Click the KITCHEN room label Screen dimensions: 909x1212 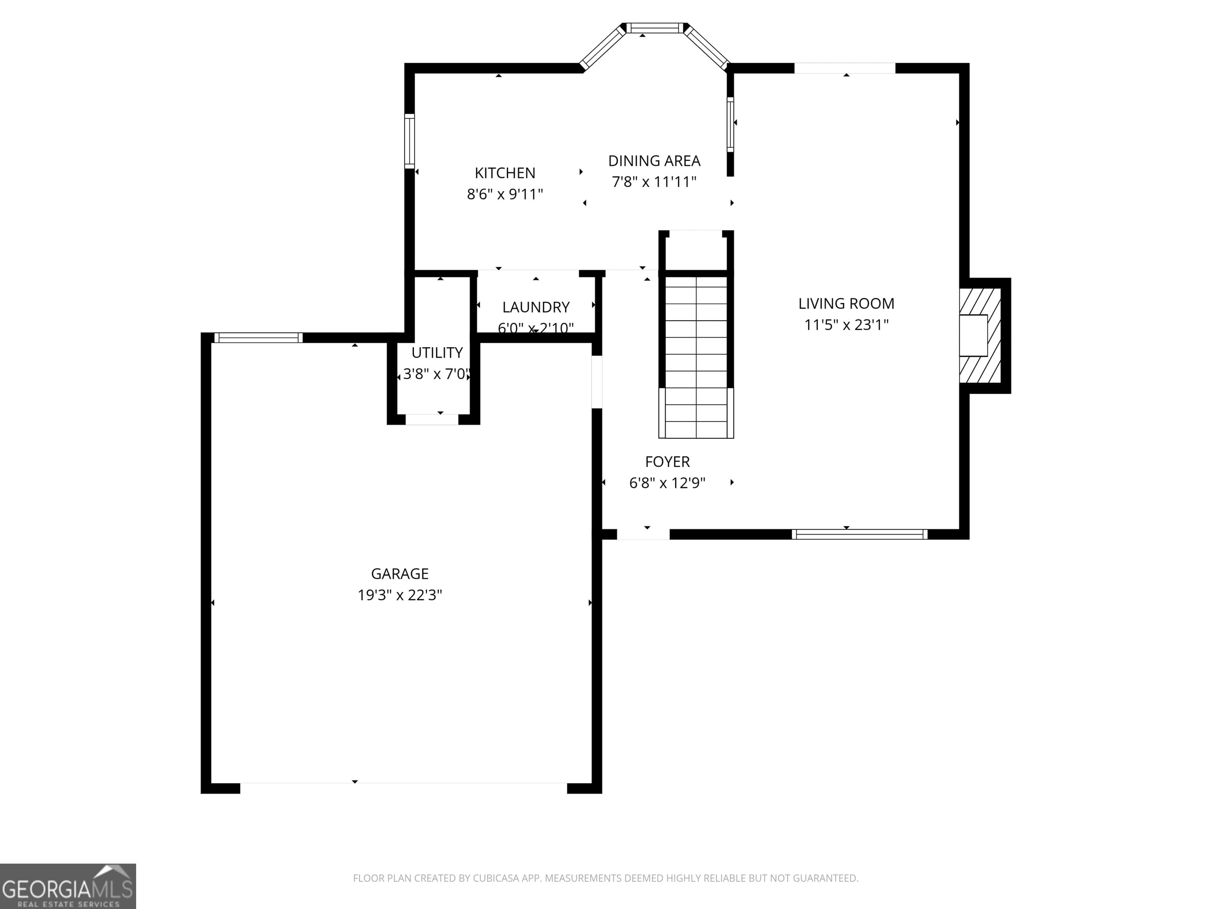[x=505, y=173]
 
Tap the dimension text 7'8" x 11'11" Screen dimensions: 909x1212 [x=654, y=182]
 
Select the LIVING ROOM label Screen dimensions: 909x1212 [x=846, y=303]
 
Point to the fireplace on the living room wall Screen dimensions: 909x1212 [x=979, y=336]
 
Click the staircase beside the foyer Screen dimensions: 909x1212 [x=696, y=356]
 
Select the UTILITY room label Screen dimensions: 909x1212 [x=437, y=352]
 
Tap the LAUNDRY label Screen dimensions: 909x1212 [x=535, y=307]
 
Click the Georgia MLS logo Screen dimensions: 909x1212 [x=67, y=886]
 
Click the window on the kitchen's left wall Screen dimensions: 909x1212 [x=409, y=141]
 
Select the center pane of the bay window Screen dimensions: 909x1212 [x=655, y=28]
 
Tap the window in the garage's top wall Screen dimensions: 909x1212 [x=258, y=337]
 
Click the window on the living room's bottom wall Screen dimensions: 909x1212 [x=859, y=534]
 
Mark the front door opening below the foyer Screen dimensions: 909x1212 [x=643, y=534]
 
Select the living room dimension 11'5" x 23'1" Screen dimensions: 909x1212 [x=846, y=325]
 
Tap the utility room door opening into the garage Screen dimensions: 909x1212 [x=432, y=420]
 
